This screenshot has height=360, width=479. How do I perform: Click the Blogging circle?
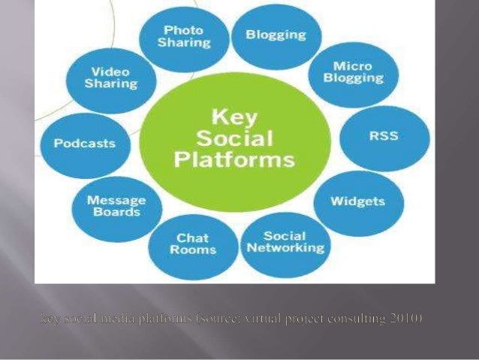(276, 36)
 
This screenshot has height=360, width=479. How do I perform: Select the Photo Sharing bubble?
(184, 37)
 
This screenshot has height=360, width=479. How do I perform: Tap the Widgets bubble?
(358, 201)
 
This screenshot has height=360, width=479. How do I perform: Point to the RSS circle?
(384, 137)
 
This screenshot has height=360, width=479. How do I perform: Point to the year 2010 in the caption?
(406, 319)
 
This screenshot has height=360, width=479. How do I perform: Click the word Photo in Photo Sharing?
(184, 30)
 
